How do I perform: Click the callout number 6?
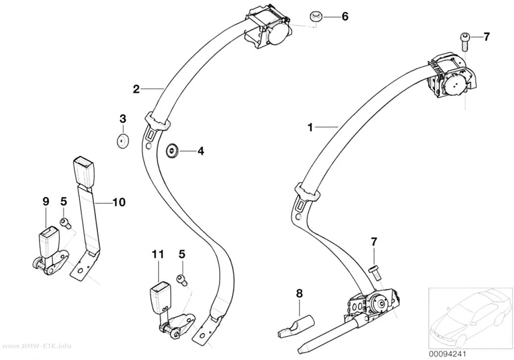pyautogui.click(x=345, y=16)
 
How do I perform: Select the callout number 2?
pyautogui.click(x=137, y=89)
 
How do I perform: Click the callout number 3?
pyautogui.click(x=122, y=119)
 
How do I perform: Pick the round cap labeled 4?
pyautogui.click(x=172, y=151)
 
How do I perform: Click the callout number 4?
pyautogui.click(x=201, y=151)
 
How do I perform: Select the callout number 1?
pyautogui.click(x=310, y=127)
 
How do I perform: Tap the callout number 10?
pyautogui.click(x=119, y=202)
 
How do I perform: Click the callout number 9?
pyautogui.click(x=46, y=201)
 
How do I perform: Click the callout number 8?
pyautogui.click(x=299, y=293)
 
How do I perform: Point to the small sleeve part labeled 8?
pyautogui.click(x=295, y=326)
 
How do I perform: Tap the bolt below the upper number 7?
pyautogui.click(x=466, y=42)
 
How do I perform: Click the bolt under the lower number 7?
pyautogui.click(x=374, y=273)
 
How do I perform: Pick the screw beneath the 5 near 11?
pyautogui.click(x=182, y=279)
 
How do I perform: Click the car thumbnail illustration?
pyautogui.click(x=470, y=318)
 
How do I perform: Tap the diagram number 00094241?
pyautogui.click(x=447, y=355)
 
